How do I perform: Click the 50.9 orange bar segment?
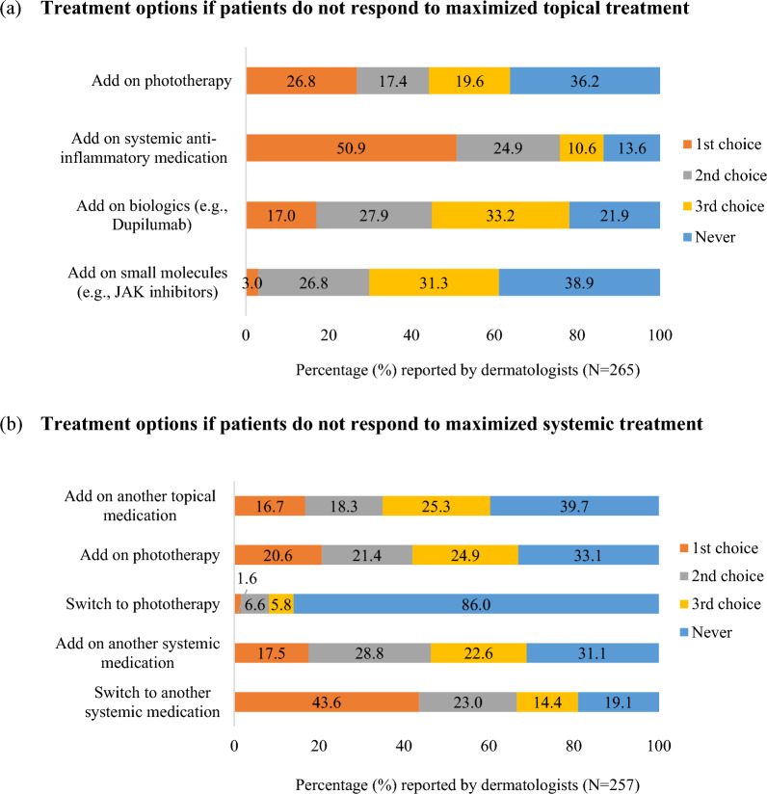pyautogui.click(x=351, y=147)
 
